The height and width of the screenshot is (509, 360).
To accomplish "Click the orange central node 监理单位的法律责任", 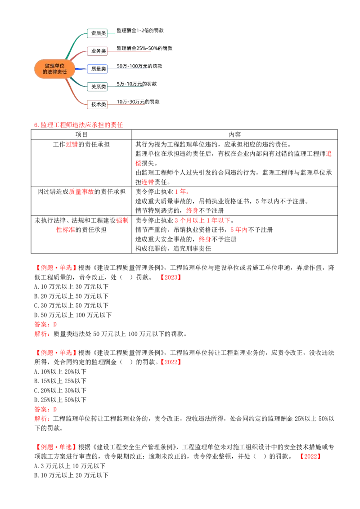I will coord(54,68).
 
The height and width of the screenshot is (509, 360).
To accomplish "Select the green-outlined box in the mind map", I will coord(97,33).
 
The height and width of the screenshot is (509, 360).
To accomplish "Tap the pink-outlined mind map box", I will coord(97,50).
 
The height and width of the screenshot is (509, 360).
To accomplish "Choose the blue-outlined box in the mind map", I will coord(97,69).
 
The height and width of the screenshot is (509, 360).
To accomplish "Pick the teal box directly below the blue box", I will coord(97,86).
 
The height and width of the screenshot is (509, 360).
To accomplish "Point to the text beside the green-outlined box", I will coord(140,31).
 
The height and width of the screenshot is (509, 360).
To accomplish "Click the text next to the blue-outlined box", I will coord(139,66).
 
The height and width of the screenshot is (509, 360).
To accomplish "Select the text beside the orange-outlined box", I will coord(138,102).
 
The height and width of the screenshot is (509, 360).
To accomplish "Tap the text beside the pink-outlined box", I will coord(144,47).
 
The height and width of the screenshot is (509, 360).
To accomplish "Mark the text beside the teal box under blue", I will coord(137,84).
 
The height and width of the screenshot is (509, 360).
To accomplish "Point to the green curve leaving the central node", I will coord(74,45).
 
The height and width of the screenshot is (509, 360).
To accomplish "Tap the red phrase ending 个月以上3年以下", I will coord(202,220).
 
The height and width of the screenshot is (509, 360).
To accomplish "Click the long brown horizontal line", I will coord(261,196).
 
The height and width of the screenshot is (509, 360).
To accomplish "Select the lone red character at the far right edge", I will coord(329,154).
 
